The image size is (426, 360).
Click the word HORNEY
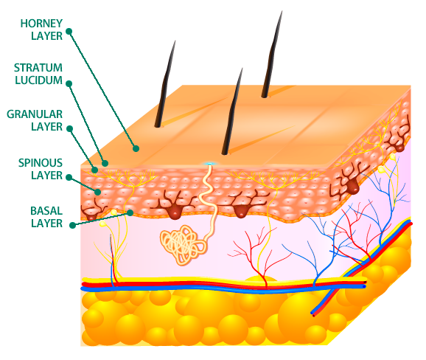pyautogui.click(x=41, y=24)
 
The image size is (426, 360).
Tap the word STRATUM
pyautogui.click(x=38, y=67)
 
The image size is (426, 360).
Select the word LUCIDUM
pyautogui.click(x=38, y=80)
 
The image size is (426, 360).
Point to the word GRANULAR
pyautogui.click(x=35, y=114)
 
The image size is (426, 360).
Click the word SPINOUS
pyautogui.click(x=41, y=162)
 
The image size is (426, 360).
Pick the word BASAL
pyautogui.click(x=46, y=211)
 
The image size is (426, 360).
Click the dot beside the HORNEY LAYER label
pyautogui.click(x=69, y=31)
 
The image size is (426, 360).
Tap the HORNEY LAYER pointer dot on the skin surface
pyautogui.click(x=136, y=148)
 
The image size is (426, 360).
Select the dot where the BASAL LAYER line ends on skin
pyautogui.click(x=130, y=212)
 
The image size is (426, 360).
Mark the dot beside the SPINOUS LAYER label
pyautogui.click(x=69, y=177)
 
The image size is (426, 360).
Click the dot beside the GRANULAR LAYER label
pyautogui.click(x=70, y=128)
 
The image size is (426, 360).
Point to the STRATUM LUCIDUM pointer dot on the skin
pyautogui.click(x=105, y=164)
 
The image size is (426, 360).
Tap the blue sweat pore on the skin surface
pyautogui.click(x=210, y=164)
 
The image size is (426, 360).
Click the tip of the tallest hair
pyautogui.click(x=282, y=11)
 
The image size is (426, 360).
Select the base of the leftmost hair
pyautogui.click(x=157, y=125)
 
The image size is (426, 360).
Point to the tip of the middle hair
pyautogui.click(x=242, y=69)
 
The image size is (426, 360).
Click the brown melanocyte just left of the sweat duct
pyautogui.click(x=174, y=206)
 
